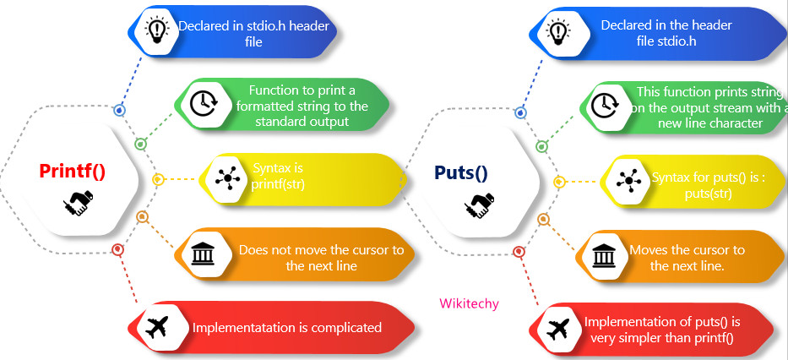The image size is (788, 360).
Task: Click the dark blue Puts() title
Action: (x=460, y=173)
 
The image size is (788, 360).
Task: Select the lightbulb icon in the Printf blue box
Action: (x=156, y=30)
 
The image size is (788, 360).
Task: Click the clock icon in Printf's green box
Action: (x=201, y=103)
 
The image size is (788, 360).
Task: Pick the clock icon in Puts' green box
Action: (x=603, y=105)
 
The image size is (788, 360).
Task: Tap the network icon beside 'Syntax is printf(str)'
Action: (x=226, y=178)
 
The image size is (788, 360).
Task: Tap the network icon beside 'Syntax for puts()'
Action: (x=628, y=180)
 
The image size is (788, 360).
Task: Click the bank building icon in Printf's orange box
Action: (x=201, y=253)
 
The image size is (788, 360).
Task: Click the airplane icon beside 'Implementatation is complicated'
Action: (x=156, y=327)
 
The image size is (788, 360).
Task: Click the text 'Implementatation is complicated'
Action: (x=287, y=327)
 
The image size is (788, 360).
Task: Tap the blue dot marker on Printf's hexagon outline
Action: (x=120, y=110)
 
